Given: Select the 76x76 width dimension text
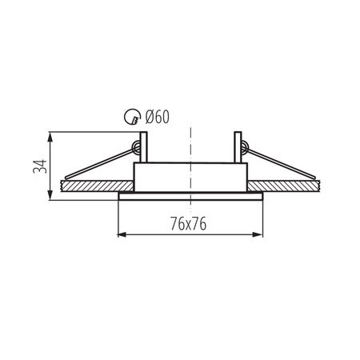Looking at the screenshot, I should [x=190, y=224].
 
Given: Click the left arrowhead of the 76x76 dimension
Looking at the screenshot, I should [x=122, y=234].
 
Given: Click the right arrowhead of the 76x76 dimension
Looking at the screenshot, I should [x=260, y=234].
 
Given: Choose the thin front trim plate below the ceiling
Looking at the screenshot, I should [x=190, y=194].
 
